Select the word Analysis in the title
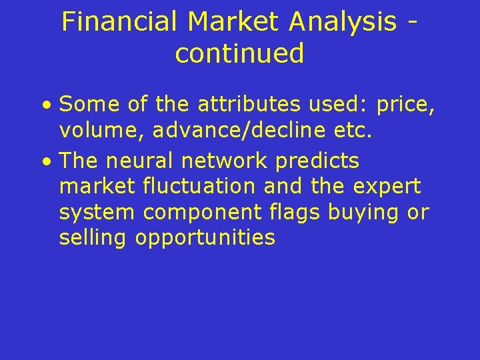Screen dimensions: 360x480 [x=343, y=22]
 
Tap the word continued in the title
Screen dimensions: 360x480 [x=239, y=53]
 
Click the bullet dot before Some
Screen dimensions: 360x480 [x=45, y=105]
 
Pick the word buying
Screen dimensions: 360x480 [x=363, y=213]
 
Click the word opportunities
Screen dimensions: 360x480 [x=205, y=238]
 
